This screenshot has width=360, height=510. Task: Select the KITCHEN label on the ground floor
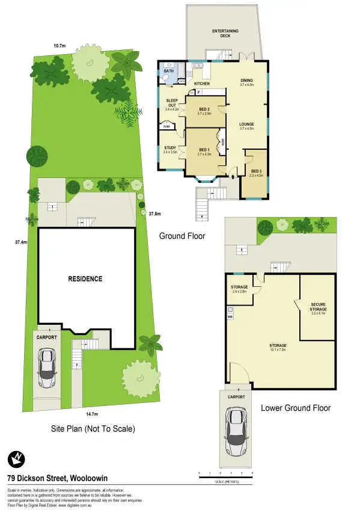(201, 83)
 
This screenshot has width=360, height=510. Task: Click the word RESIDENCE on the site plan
(85, 279)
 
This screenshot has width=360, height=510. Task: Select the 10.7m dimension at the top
(59, 46)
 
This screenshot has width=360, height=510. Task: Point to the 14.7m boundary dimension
(91, 414)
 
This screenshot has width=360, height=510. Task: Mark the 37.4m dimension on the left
(22, 242)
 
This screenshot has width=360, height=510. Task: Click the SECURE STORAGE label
(319, 307)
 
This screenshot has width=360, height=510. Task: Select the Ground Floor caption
(182, 236)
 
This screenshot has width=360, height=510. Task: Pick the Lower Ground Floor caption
(296, 408)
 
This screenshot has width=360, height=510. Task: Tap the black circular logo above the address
(17, 460)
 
